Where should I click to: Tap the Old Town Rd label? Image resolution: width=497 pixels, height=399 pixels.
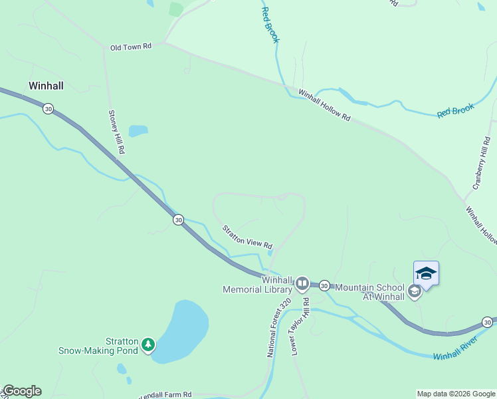pyautogui.click(x=131, y=47)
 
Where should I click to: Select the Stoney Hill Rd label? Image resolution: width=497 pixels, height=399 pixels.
pyautogui.click(x=116, y=132)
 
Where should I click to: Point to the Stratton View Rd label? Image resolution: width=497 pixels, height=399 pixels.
pyautogui.click(x=247, y=236)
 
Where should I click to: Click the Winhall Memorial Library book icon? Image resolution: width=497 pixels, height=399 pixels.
pyautogui.click(x=302, y=284)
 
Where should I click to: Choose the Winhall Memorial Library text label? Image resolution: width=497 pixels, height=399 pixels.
pyautogui.click(x=258, y=285)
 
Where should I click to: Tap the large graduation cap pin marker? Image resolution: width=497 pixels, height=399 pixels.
pyautogui.click(x=426, y=274)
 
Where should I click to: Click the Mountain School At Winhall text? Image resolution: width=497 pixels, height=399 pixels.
pyautogui.click(x=369, y=292)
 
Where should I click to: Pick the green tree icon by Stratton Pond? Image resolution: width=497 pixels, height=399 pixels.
pyautogui.click(x=149, y=344)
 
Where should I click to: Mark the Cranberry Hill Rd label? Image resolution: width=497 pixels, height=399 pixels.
pyautogui.click(x=481, y=163)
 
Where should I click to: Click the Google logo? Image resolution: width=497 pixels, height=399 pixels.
pyautogui.click(x=22, y=391)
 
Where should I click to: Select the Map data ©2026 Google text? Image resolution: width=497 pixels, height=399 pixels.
pyautogui.click(x=456, y=394)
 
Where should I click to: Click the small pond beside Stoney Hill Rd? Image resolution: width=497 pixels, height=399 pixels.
pyautogui.click(x=138, y=130)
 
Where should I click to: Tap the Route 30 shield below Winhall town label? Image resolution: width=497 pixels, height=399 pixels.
pyautogui.click(x=48, y=108)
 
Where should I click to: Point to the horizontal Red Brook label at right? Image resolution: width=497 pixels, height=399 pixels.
pyautogui.click(x=455, y=110)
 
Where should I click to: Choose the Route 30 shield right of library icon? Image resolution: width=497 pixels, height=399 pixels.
pyautogui.click(x=324, y=285)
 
